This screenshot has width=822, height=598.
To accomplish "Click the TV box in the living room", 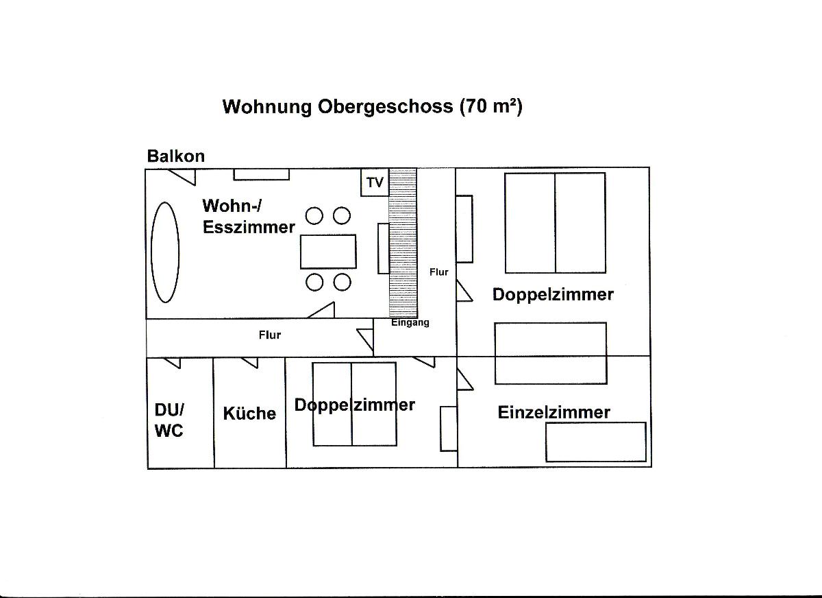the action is [x=375, y=182].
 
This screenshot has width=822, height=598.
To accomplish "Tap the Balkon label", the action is [x=176, y=156].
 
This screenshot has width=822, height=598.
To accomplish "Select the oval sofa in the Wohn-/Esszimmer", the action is [x=165, y=252].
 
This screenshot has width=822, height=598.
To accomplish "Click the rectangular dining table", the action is [x=328, y=252].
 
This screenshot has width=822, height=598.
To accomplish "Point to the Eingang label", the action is [x=410, y=322].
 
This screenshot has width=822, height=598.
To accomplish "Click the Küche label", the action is [x=249, y=414].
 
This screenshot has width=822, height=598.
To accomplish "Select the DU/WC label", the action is [x=169, y=420].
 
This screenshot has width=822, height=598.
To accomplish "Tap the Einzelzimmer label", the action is [x=553, y=412].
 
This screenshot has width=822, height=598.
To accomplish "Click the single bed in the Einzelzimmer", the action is [x=596, y=442].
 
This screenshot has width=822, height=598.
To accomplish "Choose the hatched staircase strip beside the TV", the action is [x=403, y=243].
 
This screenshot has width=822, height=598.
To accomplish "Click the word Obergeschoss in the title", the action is [x=385, y=107].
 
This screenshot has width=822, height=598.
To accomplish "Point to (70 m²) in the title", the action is [x=491, y=106].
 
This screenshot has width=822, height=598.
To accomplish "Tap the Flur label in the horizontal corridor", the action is [x=270, y=335].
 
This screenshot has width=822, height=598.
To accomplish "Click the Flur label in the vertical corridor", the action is [x=439, y=272].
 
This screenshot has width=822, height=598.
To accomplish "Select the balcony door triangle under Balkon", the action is [x=182, y=177].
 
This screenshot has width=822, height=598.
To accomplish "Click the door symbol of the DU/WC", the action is [x=172, y=363].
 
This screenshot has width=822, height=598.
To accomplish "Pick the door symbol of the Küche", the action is [x=249, y=363].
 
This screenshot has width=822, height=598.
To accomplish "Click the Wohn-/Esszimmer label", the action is [x=249, y=216].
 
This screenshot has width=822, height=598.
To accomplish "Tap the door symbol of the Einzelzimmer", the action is [x=464, y=380].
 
